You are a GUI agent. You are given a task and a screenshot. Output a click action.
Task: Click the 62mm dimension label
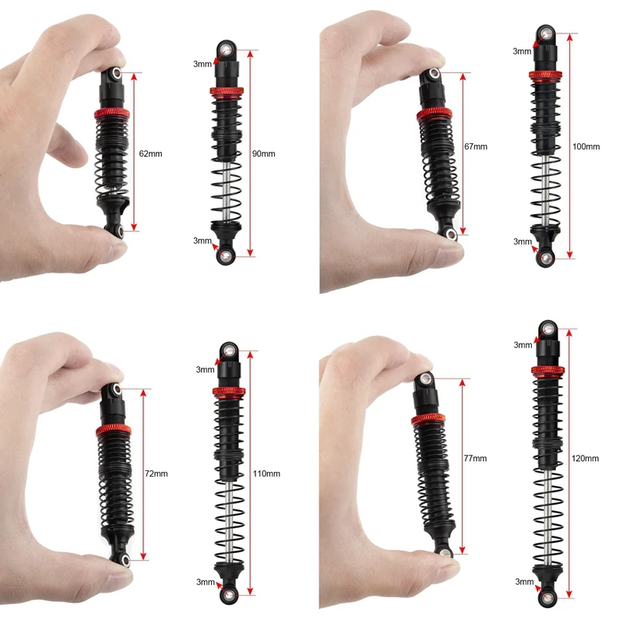[150, 154]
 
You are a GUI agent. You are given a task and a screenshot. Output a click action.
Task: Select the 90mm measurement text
[265, 154]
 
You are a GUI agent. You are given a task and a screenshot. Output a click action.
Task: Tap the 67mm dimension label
[475, 146]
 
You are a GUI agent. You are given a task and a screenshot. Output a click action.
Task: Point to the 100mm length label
[586, 146]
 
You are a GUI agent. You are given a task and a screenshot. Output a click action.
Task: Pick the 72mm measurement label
[157, 473]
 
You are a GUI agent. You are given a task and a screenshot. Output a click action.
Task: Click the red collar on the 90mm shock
[225, 92]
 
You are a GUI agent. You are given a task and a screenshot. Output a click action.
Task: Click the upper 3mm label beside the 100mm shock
[522, 51]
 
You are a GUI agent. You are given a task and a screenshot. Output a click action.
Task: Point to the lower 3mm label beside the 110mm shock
[205, 582]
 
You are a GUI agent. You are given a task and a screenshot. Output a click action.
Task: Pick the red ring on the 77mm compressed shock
[428, 420]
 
